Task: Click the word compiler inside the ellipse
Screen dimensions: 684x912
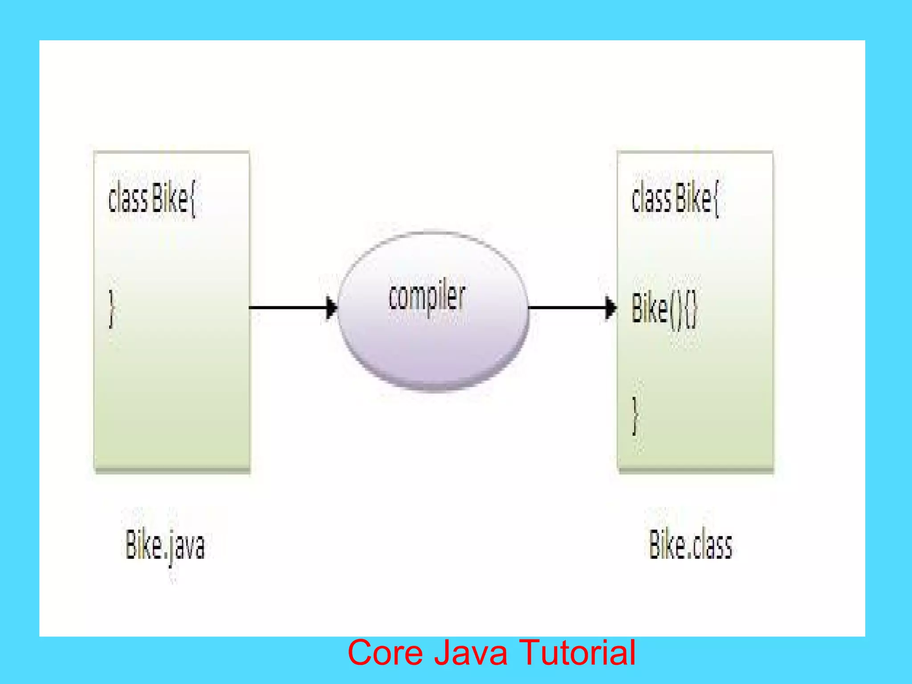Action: point(427,297)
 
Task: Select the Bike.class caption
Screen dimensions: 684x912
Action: point(690,545)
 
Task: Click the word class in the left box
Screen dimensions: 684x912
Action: point(128,199)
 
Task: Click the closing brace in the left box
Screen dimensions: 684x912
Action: point(112,309)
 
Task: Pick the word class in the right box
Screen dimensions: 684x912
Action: point(651,199)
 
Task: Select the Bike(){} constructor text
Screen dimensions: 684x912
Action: point(664,309)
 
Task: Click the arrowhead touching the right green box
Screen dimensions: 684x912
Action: point(611,308)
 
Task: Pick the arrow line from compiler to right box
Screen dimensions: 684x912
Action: point(566,308)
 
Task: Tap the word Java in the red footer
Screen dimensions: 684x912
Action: point(470,653)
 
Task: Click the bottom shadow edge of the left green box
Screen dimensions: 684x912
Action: point(172,470)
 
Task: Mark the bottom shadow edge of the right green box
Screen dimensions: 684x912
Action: point(696,470)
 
